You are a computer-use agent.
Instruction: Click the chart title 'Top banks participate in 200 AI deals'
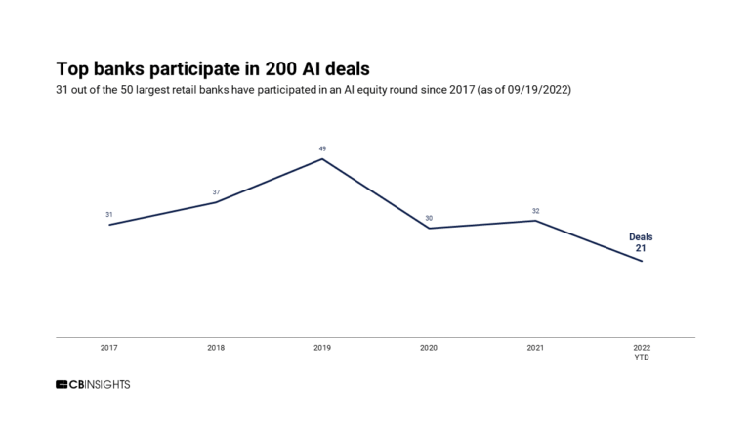click(x=213, y=69)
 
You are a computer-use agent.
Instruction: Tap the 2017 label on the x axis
click(x=108, y=348)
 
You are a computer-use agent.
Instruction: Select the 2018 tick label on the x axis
click(x=215, y=348)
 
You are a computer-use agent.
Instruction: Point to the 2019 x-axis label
click(x=322, y=348)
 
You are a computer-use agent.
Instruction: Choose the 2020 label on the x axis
click(x=429, y=348)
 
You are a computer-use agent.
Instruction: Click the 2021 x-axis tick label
click(x=535, y=348)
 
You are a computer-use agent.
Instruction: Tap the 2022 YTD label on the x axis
click(x=642, y=352)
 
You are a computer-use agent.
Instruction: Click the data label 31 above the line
click(x=108, y=214)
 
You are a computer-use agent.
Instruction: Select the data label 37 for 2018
click(x=215, y=191)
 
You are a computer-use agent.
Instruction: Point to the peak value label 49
click(x=322, y=148)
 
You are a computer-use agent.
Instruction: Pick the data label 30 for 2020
click(x=429, y=218)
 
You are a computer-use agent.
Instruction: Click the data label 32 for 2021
click(x=535, y=210)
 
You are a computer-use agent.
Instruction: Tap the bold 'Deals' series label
click(x=641, y=237)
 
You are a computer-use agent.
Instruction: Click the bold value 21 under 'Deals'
click(x=642, y=249)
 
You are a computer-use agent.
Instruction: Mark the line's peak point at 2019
click(x=322, y=159)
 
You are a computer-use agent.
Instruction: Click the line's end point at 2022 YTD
click(x=642, y=261)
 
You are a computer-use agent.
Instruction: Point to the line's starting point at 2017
click(x=108, y=225)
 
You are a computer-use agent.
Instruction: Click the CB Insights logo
click(x=93, y=384)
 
